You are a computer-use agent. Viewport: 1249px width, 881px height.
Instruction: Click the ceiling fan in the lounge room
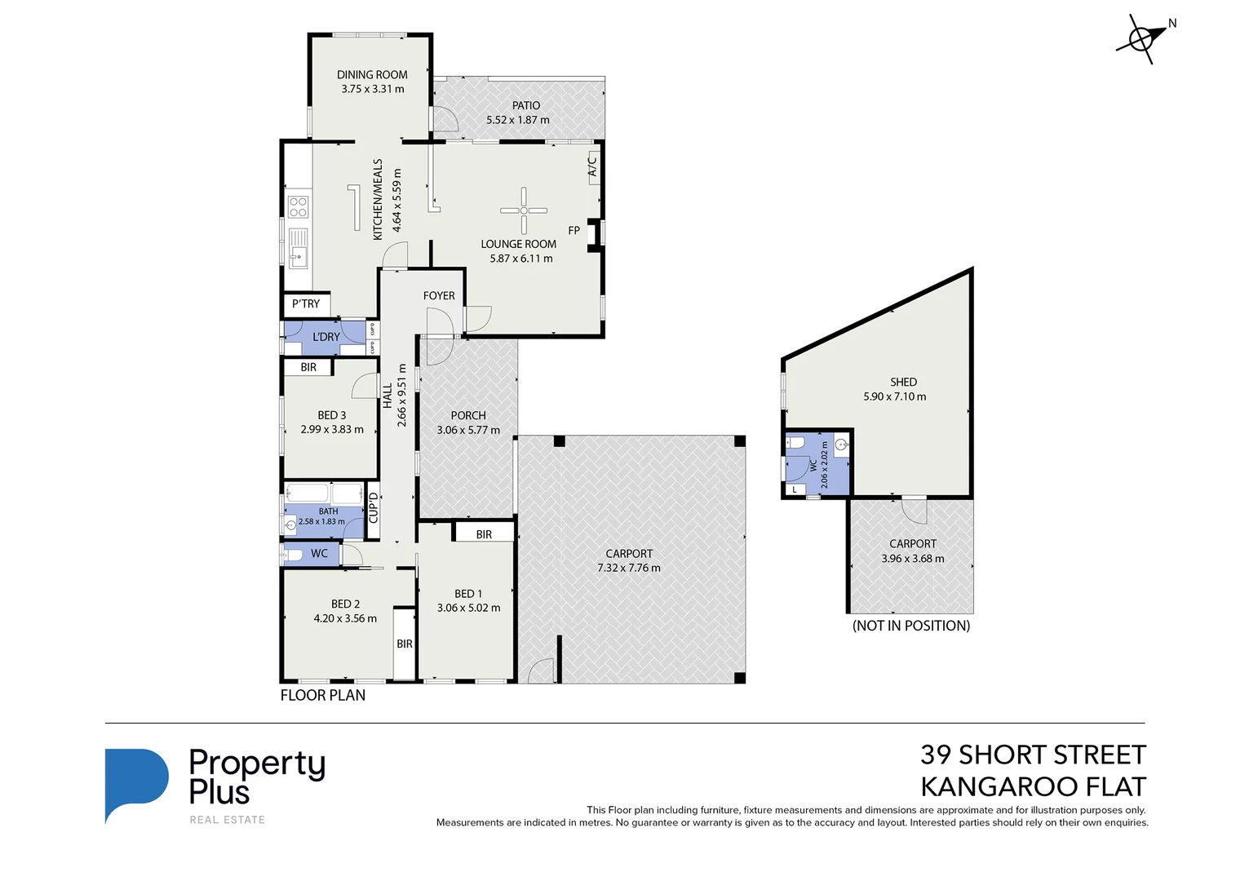[524, 210]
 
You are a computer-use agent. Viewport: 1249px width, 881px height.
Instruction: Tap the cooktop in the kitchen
[299, 206]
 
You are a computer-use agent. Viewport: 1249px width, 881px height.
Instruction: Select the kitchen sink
[299, 248]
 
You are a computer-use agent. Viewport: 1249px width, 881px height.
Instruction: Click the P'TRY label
[306, 304]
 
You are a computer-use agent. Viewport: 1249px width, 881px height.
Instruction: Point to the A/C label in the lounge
[592, 166]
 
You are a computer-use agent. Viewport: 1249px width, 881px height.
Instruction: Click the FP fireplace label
[574, 230]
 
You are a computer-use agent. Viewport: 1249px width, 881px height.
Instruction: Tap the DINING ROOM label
[372, 75]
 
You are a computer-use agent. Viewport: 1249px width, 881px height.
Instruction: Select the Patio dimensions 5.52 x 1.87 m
[517, 120]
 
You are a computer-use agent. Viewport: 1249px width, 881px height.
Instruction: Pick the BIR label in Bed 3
[308, 367]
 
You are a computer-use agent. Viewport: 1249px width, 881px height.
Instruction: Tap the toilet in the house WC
[294, 554]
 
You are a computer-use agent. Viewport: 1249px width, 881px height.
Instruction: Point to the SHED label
[903, 382]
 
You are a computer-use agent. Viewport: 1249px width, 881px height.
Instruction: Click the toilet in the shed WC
[795, 443]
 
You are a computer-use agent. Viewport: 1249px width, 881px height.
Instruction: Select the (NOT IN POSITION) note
[911, 626]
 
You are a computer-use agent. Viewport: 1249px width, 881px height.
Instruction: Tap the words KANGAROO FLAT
[1033, 786]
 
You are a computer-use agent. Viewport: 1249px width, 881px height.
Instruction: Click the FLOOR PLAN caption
[323, 695]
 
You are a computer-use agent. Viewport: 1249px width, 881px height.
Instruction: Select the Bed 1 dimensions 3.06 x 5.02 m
[468, 608]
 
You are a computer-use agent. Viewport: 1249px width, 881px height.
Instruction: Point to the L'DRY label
[326, 337]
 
